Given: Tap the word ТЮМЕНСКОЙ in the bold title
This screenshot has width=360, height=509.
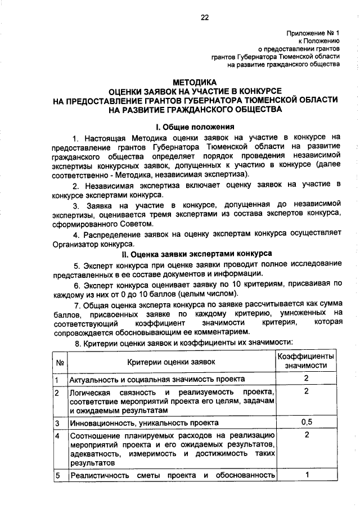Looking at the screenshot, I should click(267, 100).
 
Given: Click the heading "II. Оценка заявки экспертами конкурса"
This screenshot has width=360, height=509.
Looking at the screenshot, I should click(195, 254).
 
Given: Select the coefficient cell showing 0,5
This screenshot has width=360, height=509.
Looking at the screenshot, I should click(307, 421).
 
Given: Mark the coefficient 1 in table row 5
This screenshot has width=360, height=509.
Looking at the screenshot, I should click(307, 475).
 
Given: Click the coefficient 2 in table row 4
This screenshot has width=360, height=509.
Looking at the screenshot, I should click(307, 435).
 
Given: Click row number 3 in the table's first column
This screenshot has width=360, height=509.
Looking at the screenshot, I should click(57, 422).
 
